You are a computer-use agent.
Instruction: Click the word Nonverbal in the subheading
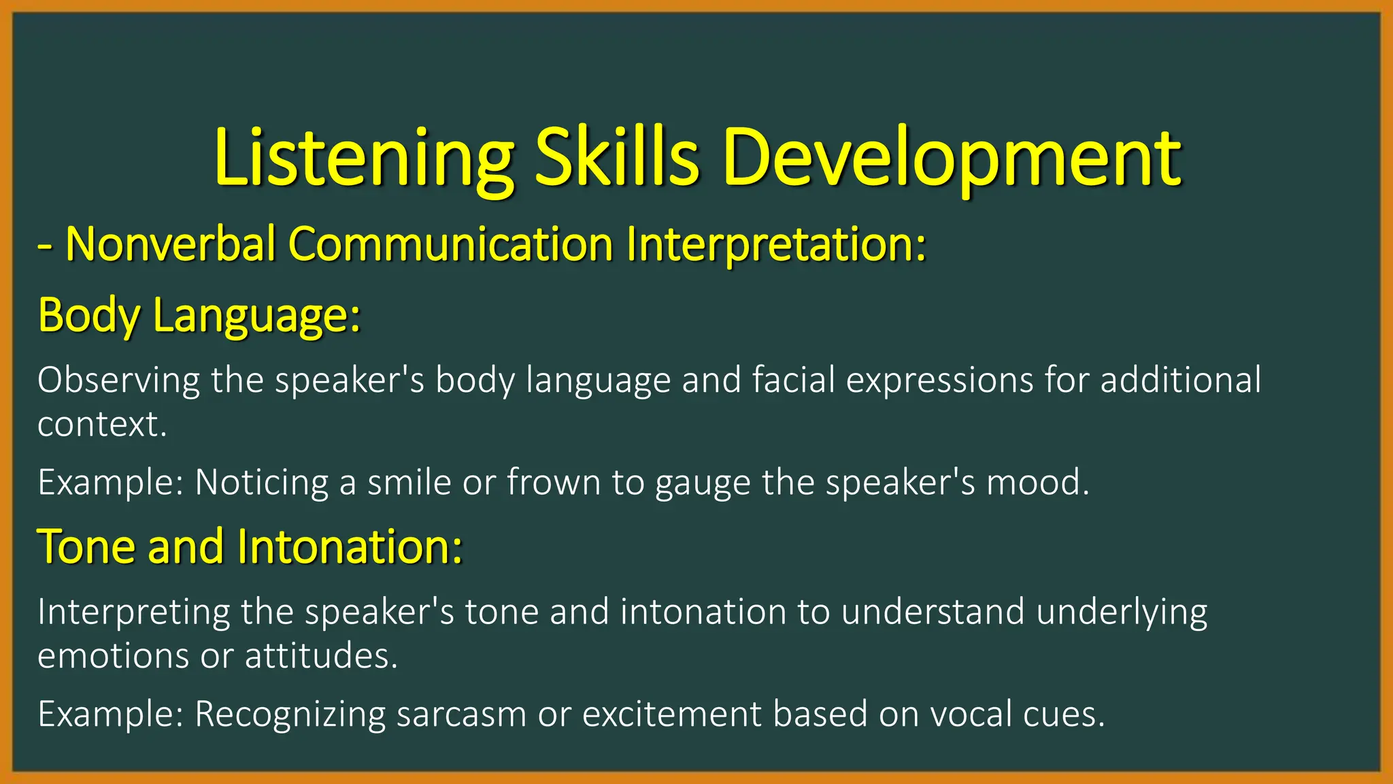pos(170,244)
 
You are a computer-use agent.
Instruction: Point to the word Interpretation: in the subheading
pos(776,244)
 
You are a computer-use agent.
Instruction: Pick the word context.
pos(102,425)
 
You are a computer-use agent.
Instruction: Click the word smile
pos(409,483)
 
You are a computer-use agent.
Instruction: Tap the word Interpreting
pos(133,612)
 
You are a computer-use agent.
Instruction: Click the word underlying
pos(1122,612)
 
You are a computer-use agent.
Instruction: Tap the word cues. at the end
pos(1068,715)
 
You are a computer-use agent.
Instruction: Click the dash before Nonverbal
pos(45,246)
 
